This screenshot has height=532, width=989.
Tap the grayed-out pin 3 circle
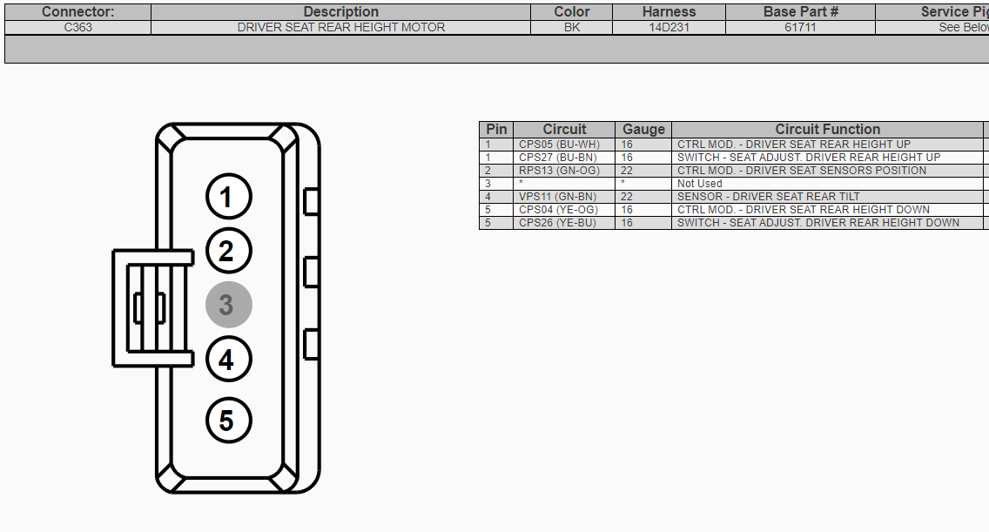tap(228, 305)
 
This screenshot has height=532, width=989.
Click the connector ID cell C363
tap(78, 27)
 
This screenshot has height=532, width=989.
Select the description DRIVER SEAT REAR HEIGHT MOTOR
tap(341, 27)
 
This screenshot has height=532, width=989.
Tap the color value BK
tap(572, 27)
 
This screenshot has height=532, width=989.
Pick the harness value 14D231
tap(669, 27)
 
